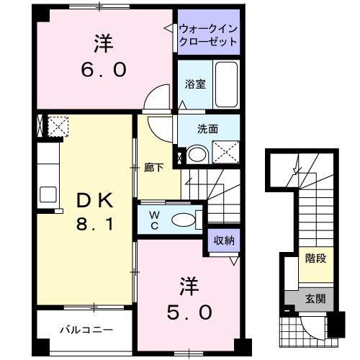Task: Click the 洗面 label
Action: pyautogui.click(x=208, y=130)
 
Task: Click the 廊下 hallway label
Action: pyautogui.click(x=153, y=168)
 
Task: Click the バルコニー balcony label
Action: pyautogui.click(x=86, y=330)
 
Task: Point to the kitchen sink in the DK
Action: pyautogui.click(x=48, y=194)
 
